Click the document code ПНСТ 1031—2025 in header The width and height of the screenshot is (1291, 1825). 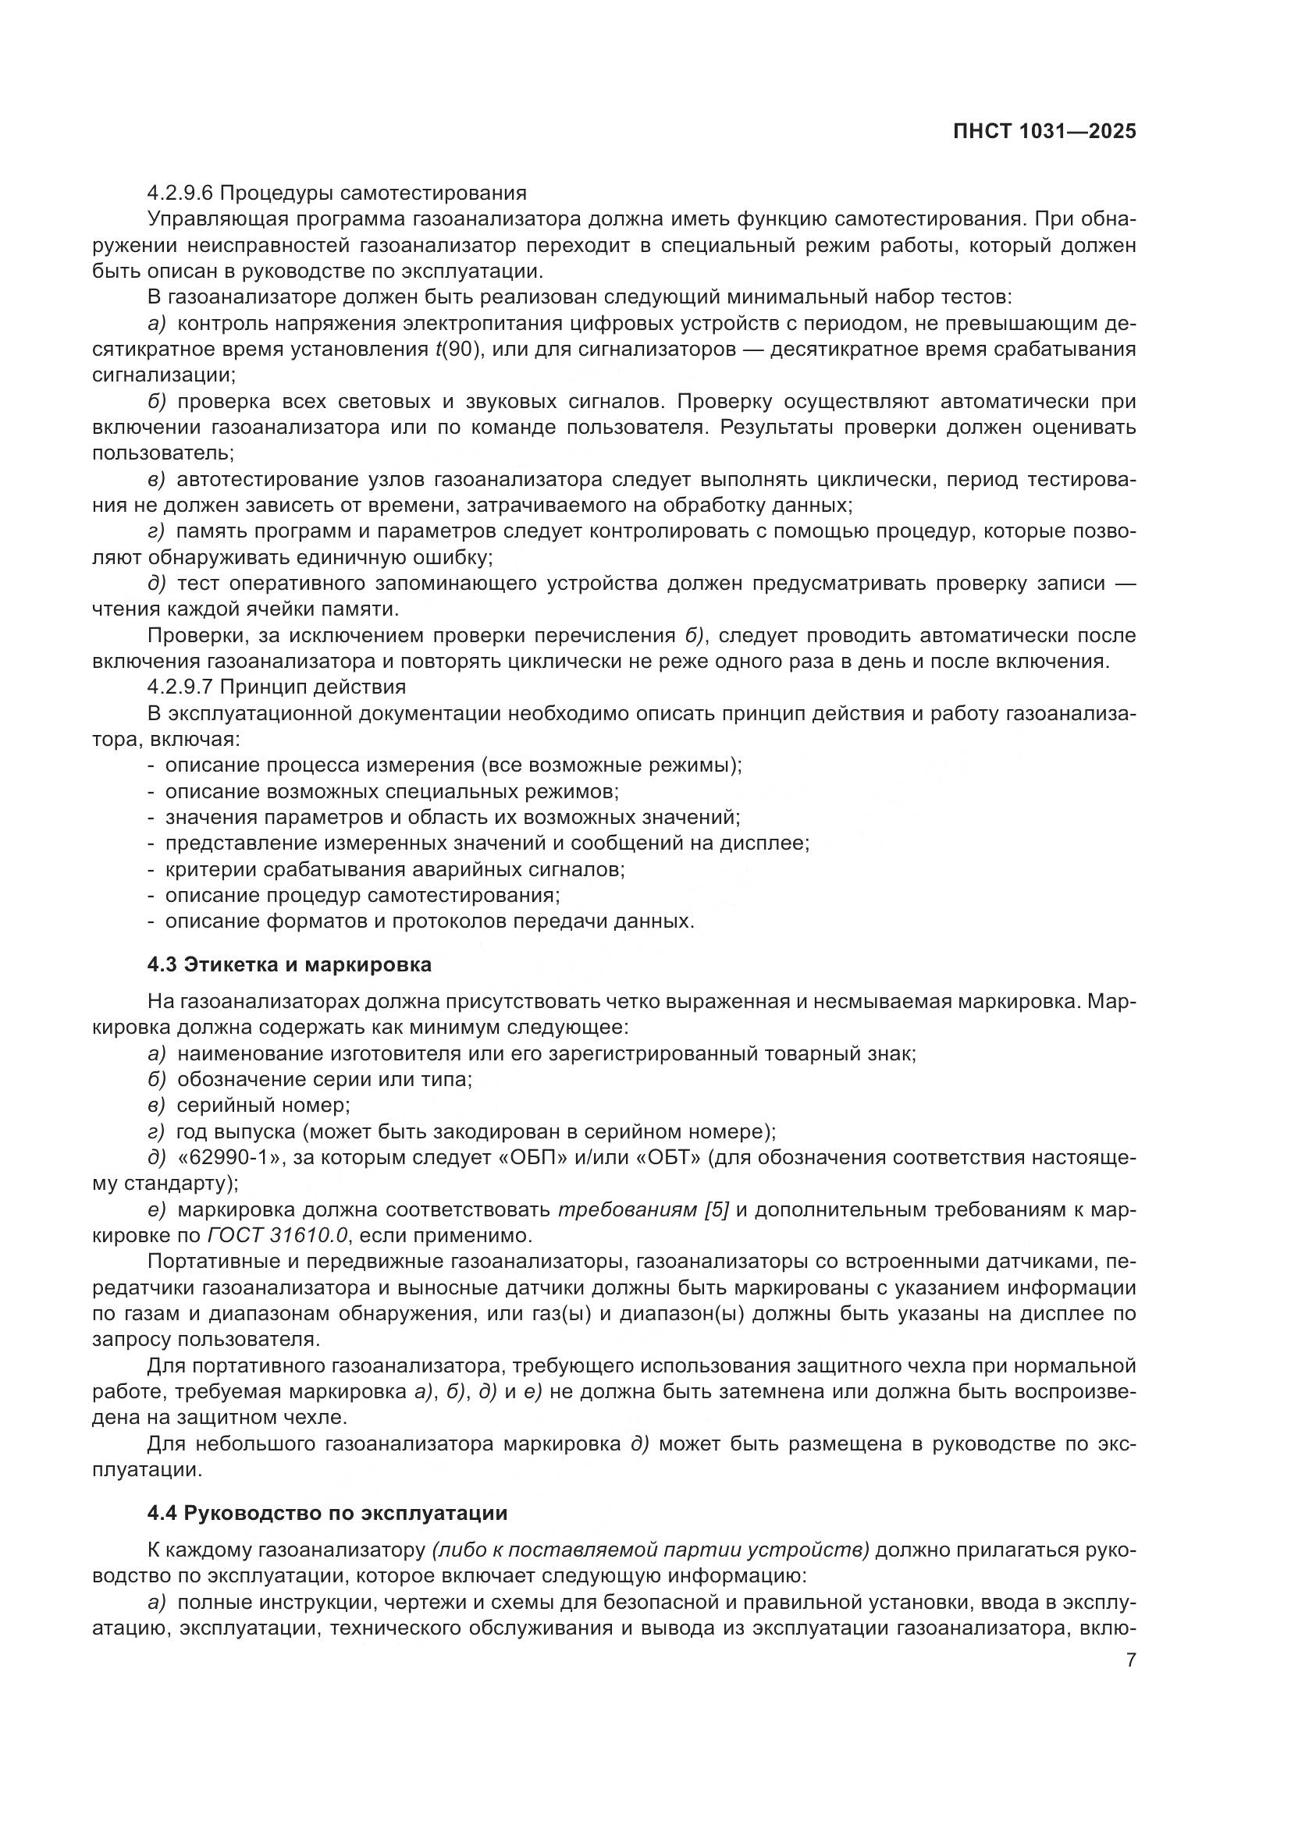point(1044,132)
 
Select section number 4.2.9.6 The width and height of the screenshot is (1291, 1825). point(182,194)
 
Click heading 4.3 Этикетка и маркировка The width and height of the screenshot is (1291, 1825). point(290,964)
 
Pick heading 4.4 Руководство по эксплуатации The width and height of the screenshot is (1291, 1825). point(327,1513)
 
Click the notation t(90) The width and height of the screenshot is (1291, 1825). point(460,350)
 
